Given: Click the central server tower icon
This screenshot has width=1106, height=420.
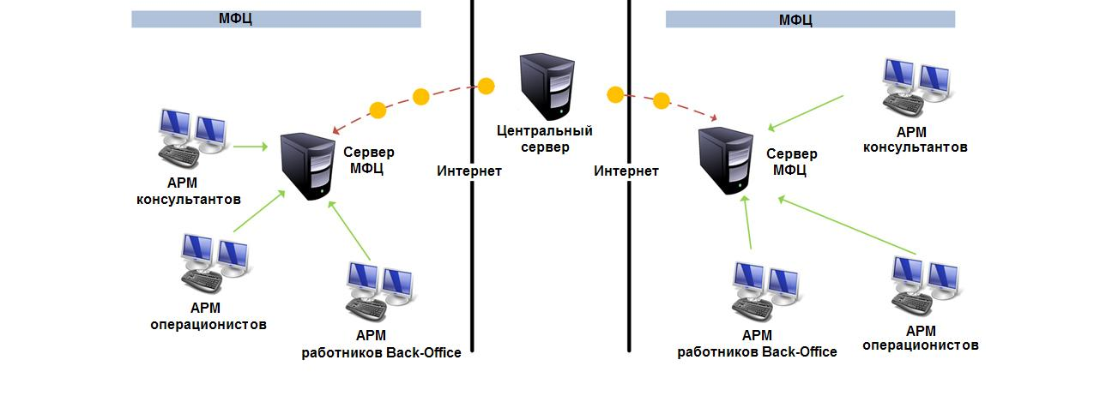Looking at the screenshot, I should click(547, 86).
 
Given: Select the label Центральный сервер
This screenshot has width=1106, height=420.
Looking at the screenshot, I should click(545, 139).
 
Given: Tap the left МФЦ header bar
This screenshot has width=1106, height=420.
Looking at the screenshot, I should click(275, 19).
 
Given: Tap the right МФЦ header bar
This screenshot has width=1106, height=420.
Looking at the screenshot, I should click(810, 19).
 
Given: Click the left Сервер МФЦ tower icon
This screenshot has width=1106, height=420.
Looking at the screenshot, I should click(308, 166).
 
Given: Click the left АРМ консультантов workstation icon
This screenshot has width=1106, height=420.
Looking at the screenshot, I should click(193, 138).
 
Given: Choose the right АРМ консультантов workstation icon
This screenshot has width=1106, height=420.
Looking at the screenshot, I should click(917, 86).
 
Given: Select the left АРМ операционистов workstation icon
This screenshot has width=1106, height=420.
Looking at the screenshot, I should click(215, 263).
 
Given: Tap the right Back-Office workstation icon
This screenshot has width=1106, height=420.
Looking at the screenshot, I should click(767, 290).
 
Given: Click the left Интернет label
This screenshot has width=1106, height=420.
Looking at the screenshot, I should click(468, 171).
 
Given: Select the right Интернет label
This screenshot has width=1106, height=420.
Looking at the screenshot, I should click(626, 171).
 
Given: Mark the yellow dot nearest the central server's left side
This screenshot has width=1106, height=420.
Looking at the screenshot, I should click(487, 86).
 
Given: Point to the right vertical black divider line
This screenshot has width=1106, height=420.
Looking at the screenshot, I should click(629, 257).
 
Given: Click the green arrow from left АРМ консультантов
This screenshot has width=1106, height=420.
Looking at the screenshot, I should click(251, 147).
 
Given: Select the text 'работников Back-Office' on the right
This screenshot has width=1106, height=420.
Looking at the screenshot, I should click(757, 351).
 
